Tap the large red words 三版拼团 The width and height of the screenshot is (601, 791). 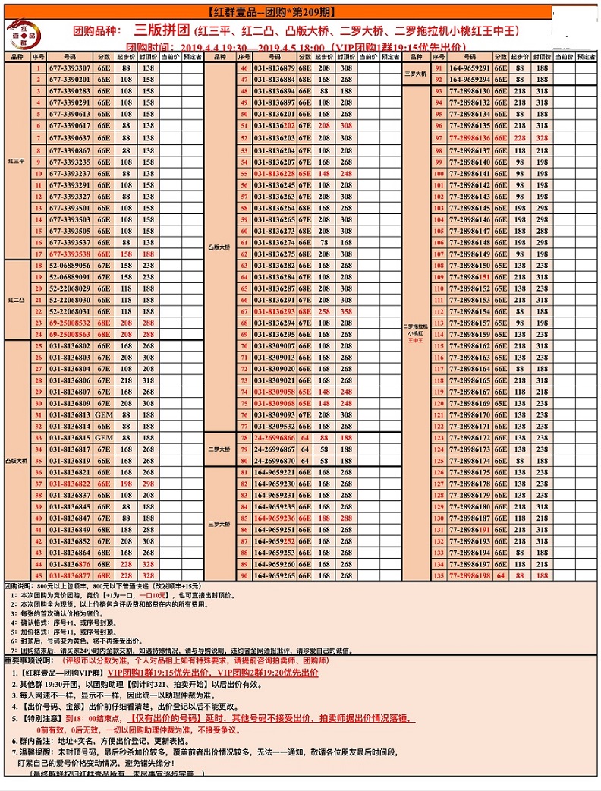tap(160, 30)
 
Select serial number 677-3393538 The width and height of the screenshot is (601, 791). tap(70, 254)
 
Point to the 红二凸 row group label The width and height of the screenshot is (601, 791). tap(16, 301)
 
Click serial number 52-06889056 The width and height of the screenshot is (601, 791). tap(70, 266)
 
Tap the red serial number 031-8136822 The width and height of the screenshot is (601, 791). tap(70, 484)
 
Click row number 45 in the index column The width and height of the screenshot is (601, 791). tap(38, 575)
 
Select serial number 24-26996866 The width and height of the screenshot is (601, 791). tap(275, 438)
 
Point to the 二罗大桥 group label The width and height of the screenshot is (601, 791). tap(220, 449)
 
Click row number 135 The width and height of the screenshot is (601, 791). tap(439, 575)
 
